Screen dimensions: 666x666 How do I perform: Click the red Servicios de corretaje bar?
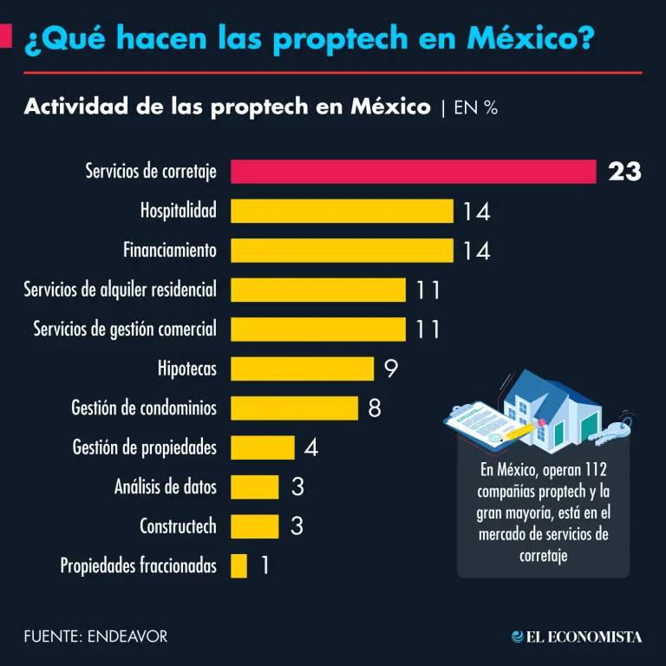click(413, 172)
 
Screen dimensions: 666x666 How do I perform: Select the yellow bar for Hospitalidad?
click(342, 211)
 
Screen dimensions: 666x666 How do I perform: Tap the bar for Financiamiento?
click(342, 251)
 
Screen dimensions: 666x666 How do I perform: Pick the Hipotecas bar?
click(302, 369)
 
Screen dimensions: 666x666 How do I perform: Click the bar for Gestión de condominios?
click(294, 408)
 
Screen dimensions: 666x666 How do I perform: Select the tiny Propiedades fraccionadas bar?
click(238, 565)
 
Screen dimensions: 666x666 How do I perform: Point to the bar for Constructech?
click(254, 526)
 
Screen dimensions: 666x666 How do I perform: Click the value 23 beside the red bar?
click(624, 172)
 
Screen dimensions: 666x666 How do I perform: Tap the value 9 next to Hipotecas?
click(390, 369)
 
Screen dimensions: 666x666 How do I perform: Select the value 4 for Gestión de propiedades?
click(311, 447)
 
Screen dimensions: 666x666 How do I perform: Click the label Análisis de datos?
click(166, 486)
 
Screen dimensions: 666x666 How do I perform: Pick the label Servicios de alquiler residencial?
click(121, 290)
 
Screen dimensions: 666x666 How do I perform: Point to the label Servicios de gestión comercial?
click(125, 330)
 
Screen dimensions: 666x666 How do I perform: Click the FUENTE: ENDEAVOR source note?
click(95, 637)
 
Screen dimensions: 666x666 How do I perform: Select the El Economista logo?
click(577, 637)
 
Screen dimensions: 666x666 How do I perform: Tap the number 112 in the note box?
click(605, 471)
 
